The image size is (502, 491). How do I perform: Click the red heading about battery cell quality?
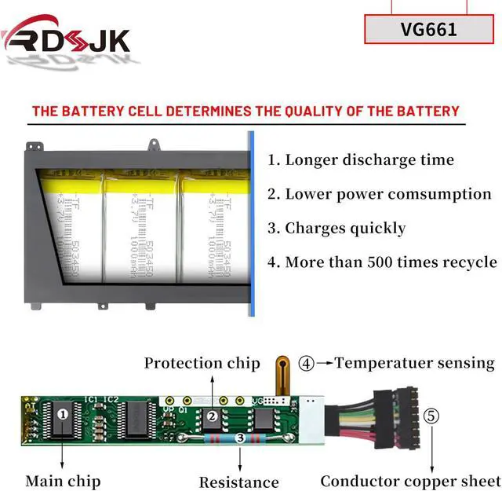[x=246, y=111]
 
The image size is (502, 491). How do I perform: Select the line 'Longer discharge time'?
[x=361, y=159]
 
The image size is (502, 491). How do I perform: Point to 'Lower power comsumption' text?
[x=380, y=193]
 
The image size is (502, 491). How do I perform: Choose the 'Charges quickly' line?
[x=336, y=228]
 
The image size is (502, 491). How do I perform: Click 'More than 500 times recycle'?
[x=382, y=262]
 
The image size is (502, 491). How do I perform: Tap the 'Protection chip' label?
[x=202, y=363]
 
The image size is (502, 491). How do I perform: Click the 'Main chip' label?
[x=63, y=480]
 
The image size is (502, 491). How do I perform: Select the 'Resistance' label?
[x=238, y=482]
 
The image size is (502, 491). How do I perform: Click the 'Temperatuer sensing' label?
[x=415, y=363]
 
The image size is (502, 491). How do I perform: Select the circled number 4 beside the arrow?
[x=307, y=364]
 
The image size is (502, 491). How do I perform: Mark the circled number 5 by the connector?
[x=431, y=416]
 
